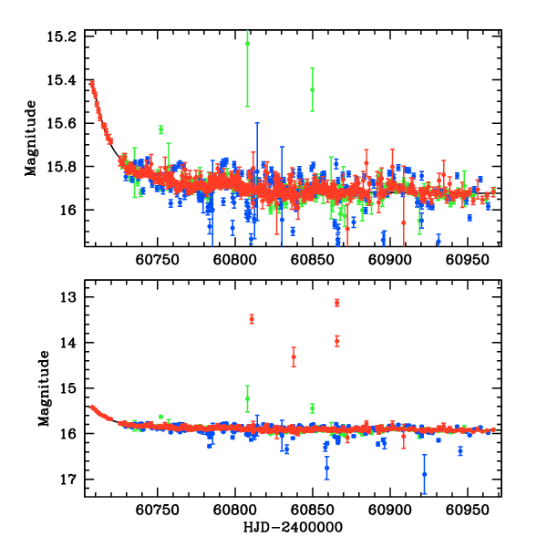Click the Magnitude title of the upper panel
31,139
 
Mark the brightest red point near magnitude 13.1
336,303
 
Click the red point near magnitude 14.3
294,356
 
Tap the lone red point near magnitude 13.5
252,318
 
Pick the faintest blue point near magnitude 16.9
424,474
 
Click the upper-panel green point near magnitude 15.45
312,89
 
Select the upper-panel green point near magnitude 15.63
160,129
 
